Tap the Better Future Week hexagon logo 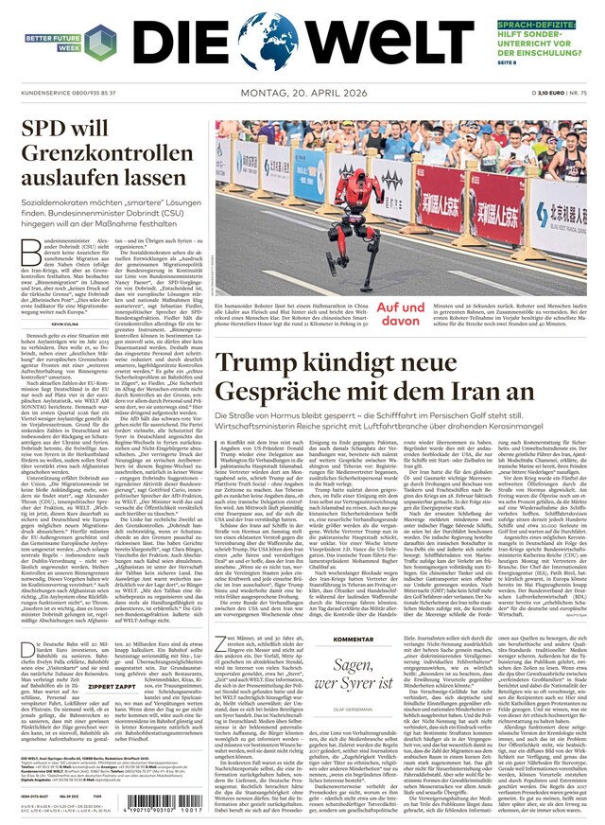click(99, 42)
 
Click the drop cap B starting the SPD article click(28, 247)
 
